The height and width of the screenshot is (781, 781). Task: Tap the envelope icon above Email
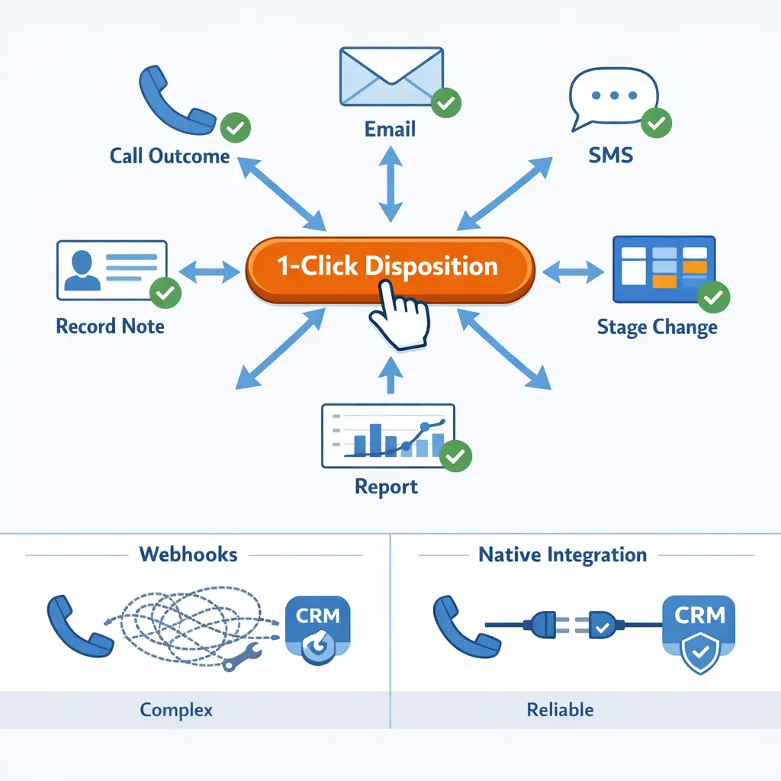(x=390, y=76)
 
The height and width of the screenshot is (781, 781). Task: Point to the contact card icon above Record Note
(x=111, y=270)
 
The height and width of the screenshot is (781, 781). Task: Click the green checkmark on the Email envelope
(x=445, y=103)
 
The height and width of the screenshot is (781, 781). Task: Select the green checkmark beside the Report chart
(x=456, y=455)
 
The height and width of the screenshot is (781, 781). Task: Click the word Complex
(x=176, y=710)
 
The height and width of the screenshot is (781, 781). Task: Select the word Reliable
(x=560, y=710)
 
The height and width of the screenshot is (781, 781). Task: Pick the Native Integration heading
(x=562, y=554)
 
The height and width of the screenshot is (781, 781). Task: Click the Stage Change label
(x=657, y=328)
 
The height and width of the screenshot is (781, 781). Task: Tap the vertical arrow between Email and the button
(x=390, y=185)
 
